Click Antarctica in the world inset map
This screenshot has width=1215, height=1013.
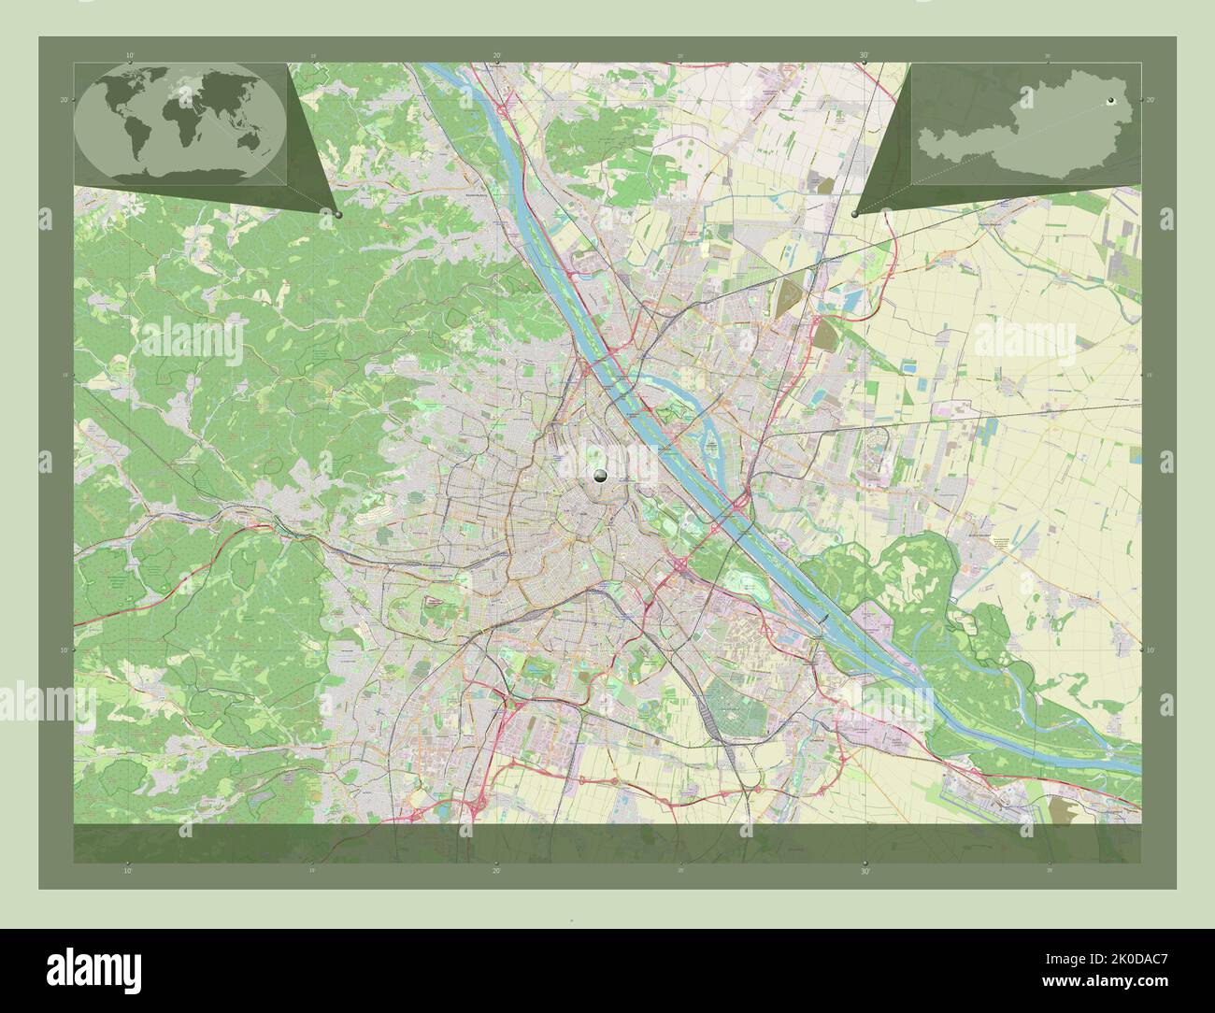click(182, 173)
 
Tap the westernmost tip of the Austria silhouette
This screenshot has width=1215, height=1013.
click(919, 143)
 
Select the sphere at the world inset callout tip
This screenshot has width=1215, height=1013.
click(337, 214)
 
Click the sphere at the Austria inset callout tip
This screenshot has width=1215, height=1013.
click(855, 214)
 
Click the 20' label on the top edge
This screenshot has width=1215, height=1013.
click(497, 56)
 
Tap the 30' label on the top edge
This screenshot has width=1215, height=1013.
click(865, 56)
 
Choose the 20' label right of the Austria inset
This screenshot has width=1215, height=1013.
click(1151, 99)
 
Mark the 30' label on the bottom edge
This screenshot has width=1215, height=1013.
click(865, 870)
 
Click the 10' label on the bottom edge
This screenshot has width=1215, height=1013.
click(129, 870)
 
